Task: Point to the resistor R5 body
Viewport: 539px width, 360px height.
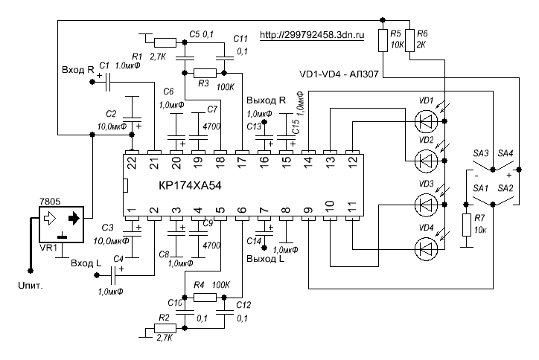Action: [383, 39]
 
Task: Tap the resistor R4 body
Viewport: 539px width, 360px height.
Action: [204, 297]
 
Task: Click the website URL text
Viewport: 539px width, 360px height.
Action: [314, 34]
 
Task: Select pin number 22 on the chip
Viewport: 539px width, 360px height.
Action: [132, 159]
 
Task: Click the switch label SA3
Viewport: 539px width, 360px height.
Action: [479, 152]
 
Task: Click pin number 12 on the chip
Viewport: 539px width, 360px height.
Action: [351, 159]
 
